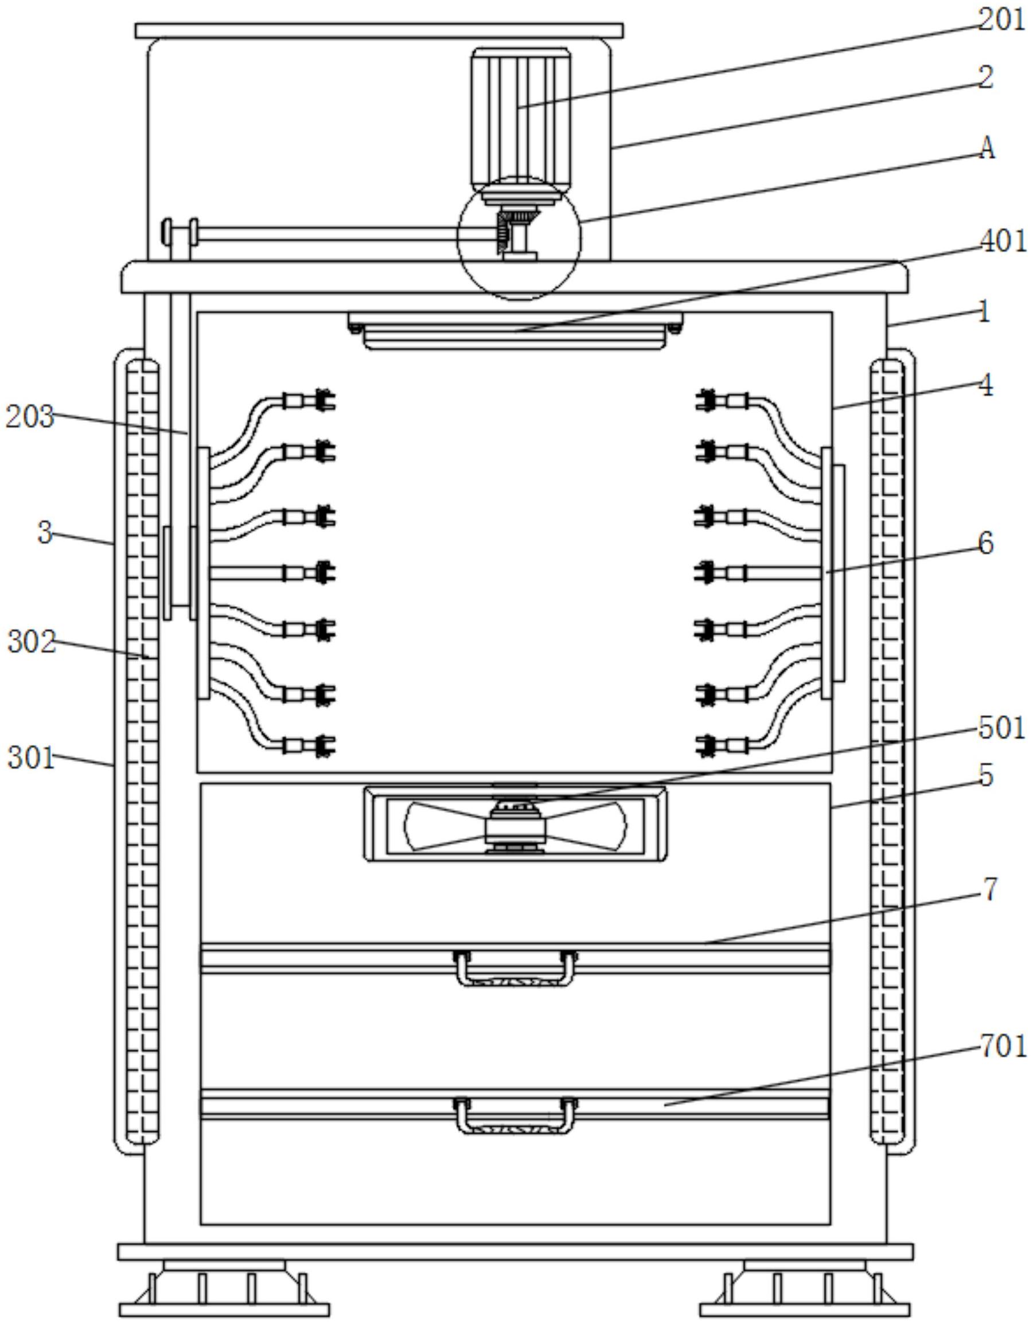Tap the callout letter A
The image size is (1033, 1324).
click(x=988, y=149)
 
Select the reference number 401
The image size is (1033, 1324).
click(x=1003, y=241)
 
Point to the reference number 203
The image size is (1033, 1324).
click(x=30, y=417)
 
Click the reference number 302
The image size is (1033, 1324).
click(x=32, y=642)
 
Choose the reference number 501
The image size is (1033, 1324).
click(x=1001, y=728)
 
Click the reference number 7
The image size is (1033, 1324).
click(x=989, y=889)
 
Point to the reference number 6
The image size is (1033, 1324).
click(x=987, y=543)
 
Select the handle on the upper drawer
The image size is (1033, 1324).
click(x=515, y=968)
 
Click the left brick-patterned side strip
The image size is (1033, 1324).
click(x=143, y=752)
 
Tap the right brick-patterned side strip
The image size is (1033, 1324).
click(x=886, y=752)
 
